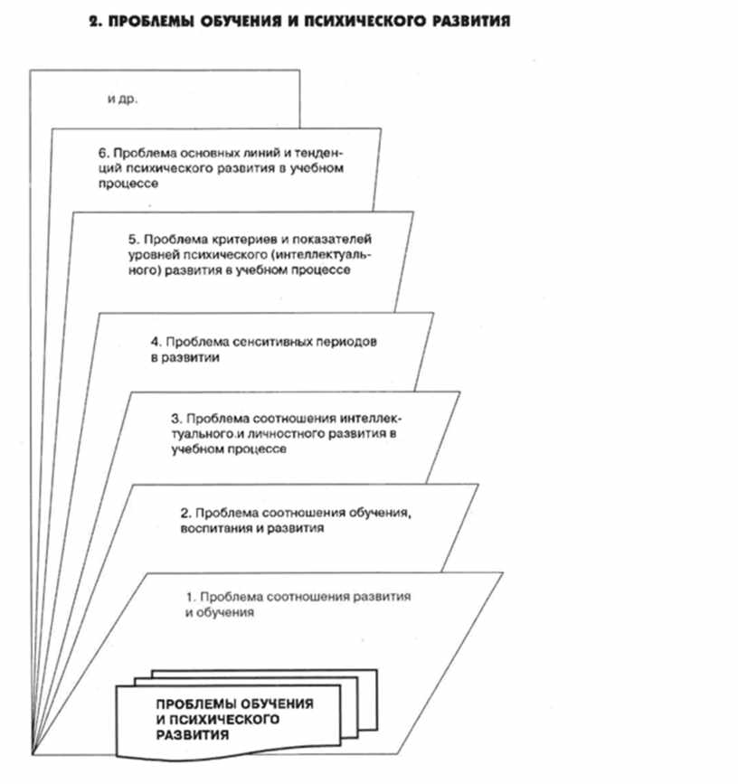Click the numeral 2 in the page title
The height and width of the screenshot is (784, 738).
(x=93, y=20)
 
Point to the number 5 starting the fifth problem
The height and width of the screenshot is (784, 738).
(x=133, y=240)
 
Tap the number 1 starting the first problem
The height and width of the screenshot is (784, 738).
(x=189, y=598)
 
